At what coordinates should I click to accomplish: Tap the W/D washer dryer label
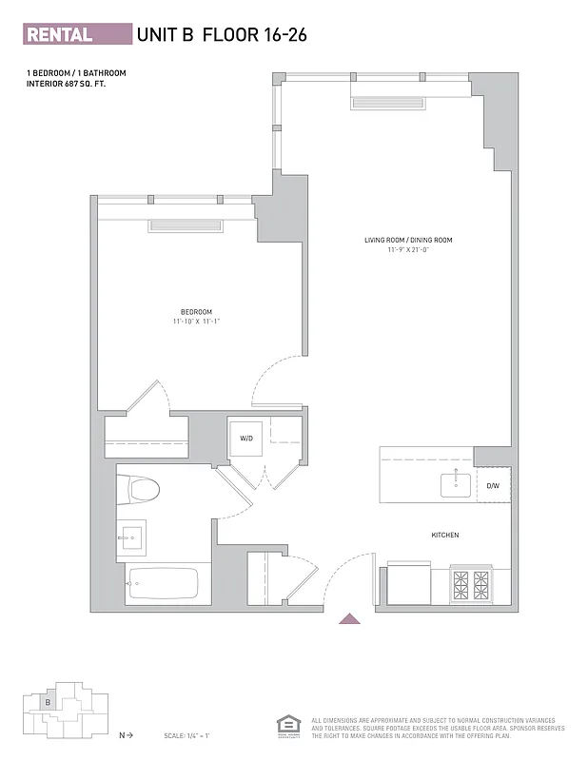click(246, 439)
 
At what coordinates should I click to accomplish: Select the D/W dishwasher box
click(493, 486)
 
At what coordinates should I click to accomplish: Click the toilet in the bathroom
click(139, 490)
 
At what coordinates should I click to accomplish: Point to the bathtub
click(163, 583)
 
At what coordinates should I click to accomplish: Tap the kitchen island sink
click(455, 484)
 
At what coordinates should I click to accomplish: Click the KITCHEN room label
click(445, 536)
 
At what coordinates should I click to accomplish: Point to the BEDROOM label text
click(196, 312)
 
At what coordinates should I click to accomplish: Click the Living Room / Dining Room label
click(408, 240)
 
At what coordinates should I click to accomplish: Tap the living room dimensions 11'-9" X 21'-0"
click(408, 250)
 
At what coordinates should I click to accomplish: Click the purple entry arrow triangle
click(349, 619)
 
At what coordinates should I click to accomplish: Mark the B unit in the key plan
click(47, 702)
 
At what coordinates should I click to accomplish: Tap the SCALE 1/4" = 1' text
click(186, 735)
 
